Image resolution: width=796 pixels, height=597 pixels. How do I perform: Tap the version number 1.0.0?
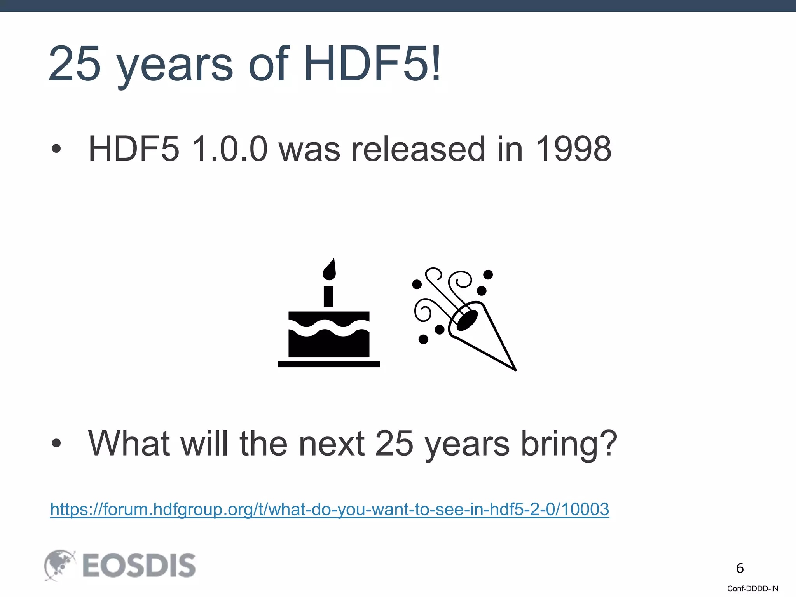coord(229,149)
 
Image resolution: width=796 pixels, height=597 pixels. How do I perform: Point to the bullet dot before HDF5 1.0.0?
coord(56,149)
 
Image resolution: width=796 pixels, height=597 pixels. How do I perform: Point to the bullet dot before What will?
coord(56,443)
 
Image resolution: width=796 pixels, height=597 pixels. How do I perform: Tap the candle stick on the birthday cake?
coord(329,297)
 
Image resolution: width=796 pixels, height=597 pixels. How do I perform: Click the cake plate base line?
coord(329,364)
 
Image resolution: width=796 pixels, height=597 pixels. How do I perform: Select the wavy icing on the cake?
coord(329,328)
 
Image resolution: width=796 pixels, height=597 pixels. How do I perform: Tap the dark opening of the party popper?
coord(466,320)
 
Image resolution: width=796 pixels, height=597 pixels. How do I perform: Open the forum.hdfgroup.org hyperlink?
coord(330,509)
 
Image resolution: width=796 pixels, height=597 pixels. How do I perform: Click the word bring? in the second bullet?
coord(569,444)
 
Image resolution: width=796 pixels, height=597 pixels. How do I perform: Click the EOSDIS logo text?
coord(139,566)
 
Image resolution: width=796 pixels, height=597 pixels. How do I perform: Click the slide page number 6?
coord(740,568)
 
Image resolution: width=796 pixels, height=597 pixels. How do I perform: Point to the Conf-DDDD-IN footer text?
coord(752,588)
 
